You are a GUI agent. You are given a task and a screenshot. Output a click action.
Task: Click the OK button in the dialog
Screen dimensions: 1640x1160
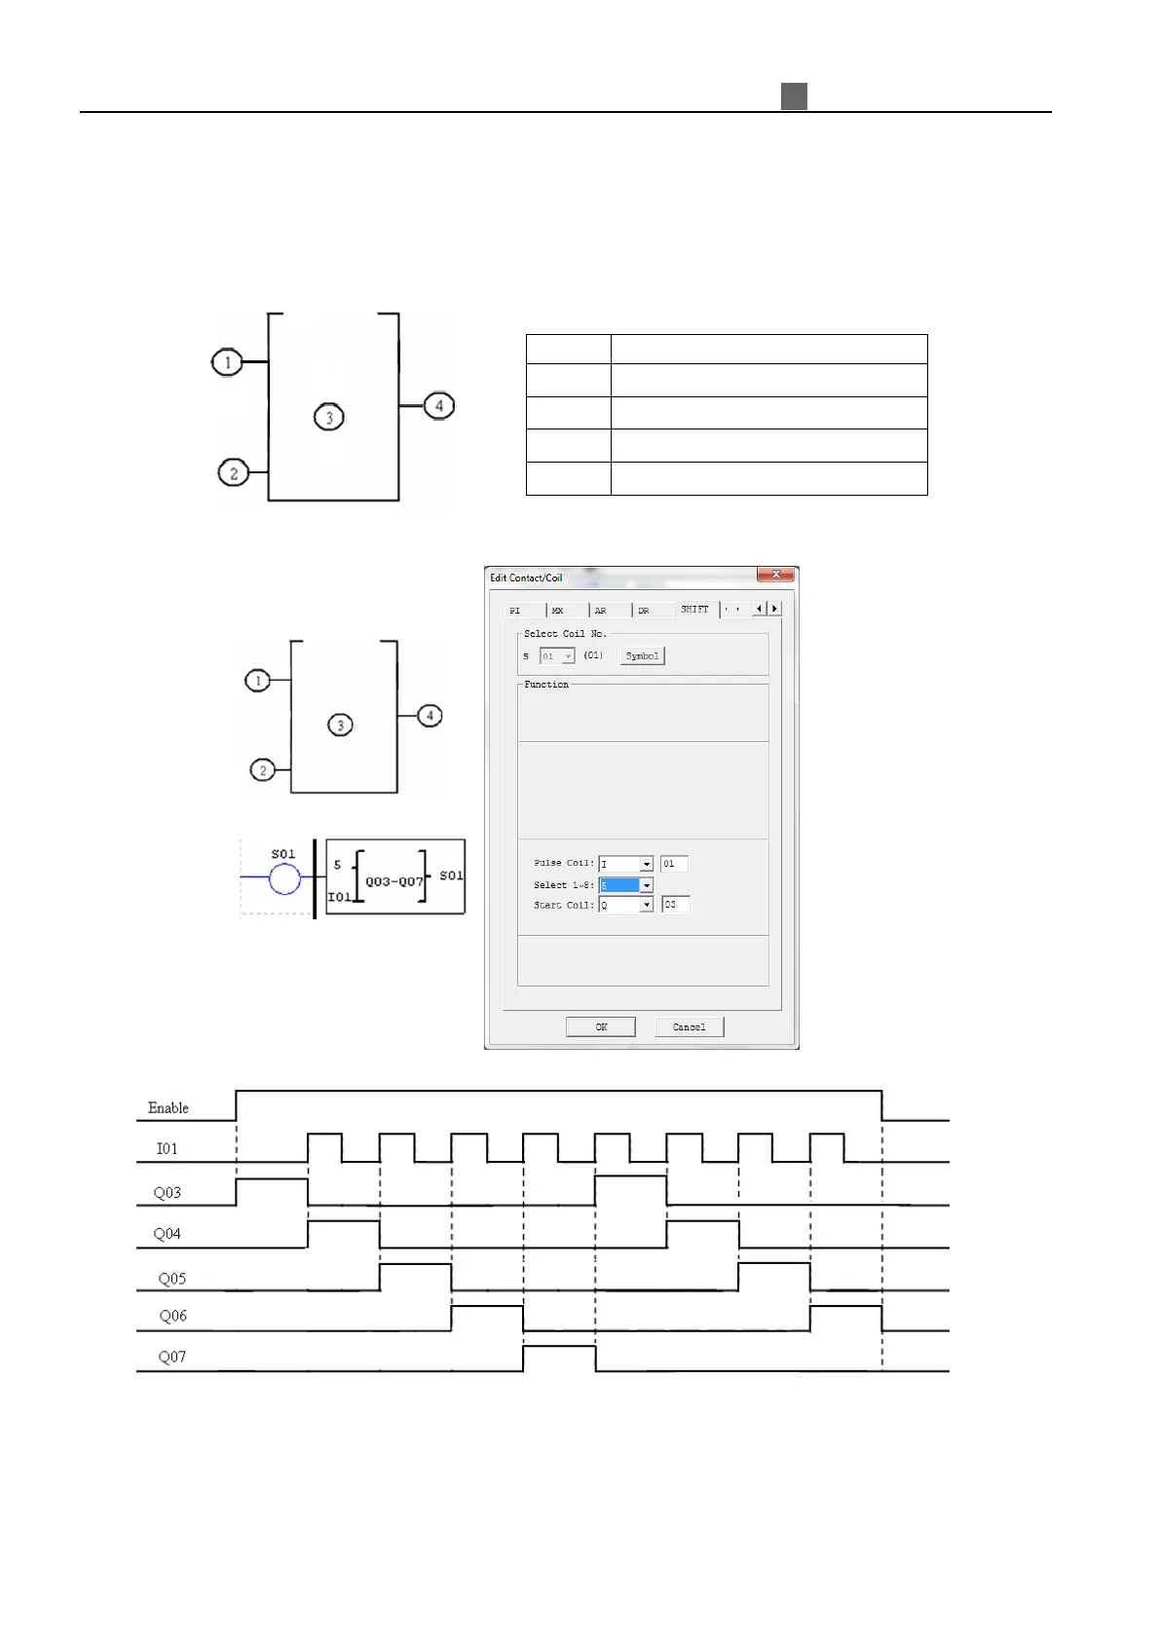[x=601, y=1026]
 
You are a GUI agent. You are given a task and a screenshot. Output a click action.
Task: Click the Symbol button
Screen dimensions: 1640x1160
[x=642, y=655]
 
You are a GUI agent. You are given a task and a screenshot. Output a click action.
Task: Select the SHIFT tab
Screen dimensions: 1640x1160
[x=694, y=609]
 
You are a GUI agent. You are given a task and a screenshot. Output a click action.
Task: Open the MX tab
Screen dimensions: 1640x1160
[x=558, y=611]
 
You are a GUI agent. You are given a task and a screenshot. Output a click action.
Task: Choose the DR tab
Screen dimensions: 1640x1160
[x=644, y=611]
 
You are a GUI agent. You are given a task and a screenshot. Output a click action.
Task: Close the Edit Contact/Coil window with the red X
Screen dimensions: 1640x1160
[x=776, y=575]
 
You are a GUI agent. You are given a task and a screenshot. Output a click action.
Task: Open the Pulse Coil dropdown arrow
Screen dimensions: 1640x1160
[x=647, y=864]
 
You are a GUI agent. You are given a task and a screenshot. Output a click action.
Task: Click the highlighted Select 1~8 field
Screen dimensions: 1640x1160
[x=619, y=885]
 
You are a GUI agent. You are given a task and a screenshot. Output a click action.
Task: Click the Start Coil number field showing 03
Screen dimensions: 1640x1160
[x=675, y=905]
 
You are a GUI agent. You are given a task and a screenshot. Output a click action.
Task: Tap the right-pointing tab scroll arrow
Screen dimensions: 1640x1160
[x=775, y=609]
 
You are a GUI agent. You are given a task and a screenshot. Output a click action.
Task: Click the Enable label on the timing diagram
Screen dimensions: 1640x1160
[x=168, y=1107]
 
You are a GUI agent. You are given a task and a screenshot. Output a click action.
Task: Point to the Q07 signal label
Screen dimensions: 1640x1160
[x=172, y=1357]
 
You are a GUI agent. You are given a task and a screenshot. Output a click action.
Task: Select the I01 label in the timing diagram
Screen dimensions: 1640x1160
[x=168, y=1148]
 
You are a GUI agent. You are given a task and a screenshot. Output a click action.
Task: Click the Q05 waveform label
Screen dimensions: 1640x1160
[x=172, y=1278]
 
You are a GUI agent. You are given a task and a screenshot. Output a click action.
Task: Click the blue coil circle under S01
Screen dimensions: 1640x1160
[x=284, y=878]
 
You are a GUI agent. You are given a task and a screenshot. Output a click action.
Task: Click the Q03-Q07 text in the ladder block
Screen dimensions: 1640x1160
[x=394, y=881]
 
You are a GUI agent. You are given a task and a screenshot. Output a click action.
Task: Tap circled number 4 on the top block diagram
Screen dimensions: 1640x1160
[x=439, y=405]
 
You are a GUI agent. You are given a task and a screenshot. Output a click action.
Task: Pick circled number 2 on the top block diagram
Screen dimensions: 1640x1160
[x=234, y=473]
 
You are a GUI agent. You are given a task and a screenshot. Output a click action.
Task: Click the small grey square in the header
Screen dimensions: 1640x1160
[x=794, y=96]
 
